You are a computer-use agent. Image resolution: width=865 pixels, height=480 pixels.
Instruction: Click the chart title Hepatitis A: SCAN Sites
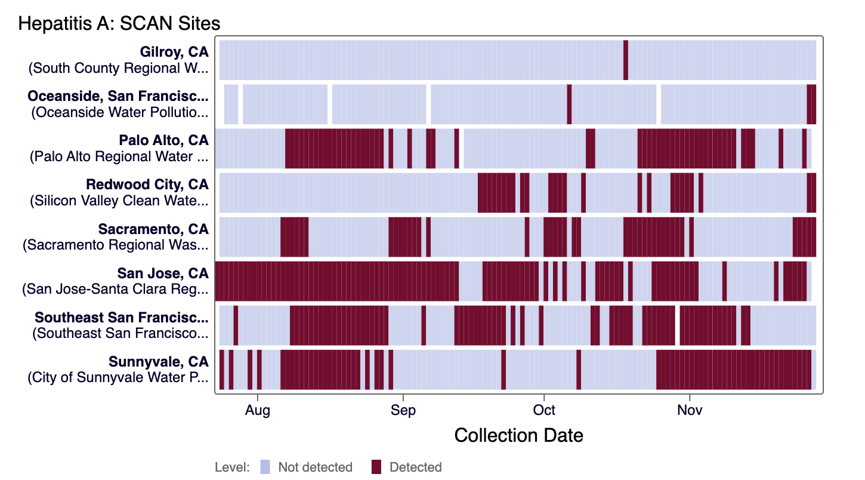119,24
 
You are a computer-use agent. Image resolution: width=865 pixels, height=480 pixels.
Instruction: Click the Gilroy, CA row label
174,52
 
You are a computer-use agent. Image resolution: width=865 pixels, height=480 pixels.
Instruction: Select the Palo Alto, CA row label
163,140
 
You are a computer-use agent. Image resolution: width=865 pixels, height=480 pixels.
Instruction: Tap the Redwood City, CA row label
147,184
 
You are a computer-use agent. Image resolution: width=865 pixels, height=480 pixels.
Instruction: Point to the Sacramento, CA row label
153,229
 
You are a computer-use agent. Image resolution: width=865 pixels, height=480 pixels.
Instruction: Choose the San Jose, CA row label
163,273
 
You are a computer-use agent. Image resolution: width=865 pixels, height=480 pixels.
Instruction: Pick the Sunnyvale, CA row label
158,361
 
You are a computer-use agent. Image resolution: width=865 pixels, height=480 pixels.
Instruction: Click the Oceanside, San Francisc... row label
118,96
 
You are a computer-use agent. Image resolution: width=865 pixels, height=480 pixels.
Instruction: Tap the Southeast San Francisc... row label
122,317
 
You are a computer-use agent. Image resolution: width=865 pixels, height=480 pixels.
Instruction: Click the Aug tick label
258,411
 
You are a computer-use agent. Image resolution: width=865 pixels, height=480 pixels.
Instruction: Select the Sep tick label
403,411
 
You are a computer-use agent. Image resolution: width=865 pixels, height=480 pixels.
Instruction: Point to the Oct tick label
544,411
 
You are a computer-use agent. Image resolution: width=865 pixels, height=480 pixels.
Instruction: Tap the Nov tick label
690,411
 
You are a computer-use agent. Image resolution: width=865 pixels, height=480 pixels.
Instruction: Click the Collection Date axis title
518,435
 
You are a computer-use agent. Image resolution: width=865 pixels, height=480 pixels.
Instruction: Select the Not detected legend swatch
265,467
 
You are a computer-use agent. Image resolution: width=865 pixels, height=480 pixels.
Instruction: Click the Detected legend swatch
376,467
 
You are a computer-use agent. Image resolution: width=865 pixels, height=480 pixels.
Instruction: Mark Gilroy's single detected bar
626,60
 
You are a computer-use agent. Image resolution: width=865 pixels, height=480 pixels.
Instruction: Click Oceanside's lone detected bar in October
569,104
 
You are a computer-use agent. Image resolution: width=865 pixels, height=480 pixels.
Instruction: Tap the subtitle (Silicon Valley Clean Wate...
119,201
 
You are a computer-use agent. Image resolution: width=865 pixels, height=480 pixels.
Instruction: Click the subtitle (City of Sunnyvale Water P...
118,377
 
